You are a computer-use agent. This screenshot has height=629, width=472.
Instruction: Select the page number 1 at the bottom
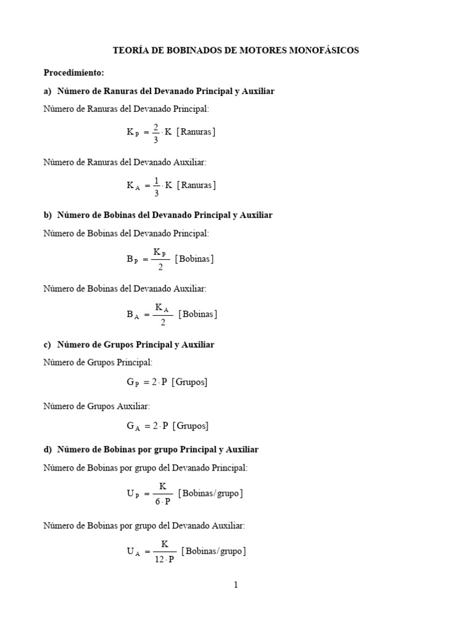[235, 585]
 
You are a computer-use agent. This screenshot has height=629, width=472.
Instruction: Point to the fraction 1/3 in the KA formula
[156, 185]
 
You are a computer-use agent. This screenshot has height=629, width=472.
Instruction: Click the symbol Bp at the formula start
[133, 259]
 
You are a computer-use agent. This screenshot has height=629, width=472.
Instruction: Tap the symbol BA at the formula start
[133, 314]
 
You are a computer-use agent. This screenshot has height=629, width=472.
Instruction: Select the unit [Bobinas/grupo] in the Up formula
[210, 493]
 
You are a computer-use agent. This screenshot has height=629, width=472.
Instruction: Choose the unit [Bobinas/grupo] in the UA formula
[213, 551]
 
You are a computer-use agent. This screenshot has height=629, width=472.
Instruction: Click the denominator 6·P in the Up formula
[162, 501]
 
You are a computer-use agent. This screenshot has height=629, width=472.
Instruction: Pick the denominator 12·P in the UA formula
[165, 559]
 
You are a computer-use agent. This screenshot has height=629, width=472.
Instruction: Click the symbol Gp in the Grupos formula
[133, 382]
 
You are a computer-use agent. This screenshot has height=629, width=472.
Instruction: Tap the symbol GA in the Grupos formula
[133, 426]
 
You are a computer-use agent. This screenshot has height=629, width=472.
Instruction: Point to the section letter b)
[48, 215]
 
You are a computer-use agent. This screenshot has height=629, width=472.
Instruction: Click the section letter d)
[48, 450]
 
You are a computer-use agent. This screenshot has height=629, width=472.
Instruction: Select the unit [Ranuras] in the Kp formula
[196, 132]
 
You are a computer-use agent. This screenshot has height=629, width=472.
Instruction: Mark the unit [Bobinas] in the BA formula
[198, 314]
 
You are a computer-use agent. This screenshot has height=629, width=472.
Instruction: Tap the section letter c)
[48, 345]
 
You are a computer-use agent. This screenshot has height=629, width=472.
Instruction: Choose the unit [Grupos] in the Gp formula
[189, 382]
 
